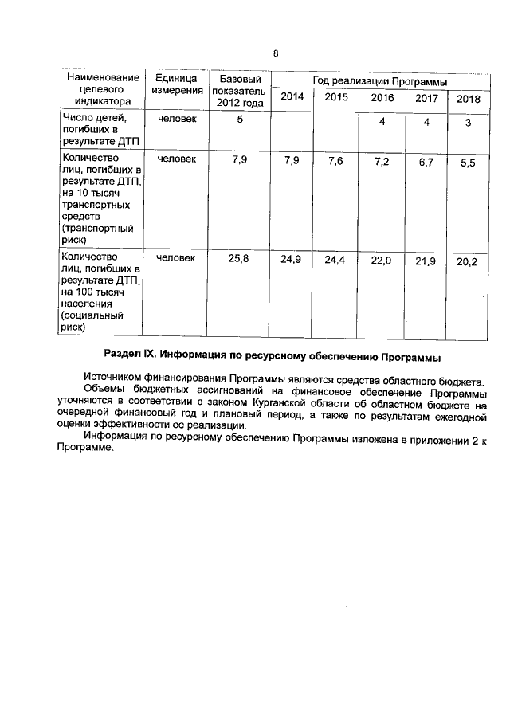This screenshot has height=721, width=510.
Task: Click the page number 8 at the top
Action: click(276, 53)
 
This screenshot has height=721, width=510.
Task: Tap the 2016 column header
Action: click(382, 98)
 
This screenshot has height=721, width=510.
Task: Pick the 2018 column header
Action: click(468, 99)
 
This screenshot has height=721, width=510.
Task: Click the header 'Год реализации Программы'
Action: click(379, 81)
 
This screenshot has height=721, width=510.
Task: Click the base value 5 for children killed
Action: click(239, 120)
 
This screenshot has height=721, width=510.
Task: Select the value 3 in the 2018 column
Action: click(468, 123)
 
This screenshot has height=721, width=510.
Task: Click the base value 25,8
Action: click(239, 258)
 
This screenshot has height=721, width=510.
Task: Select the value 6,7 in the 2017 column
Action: click(426, 163)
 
